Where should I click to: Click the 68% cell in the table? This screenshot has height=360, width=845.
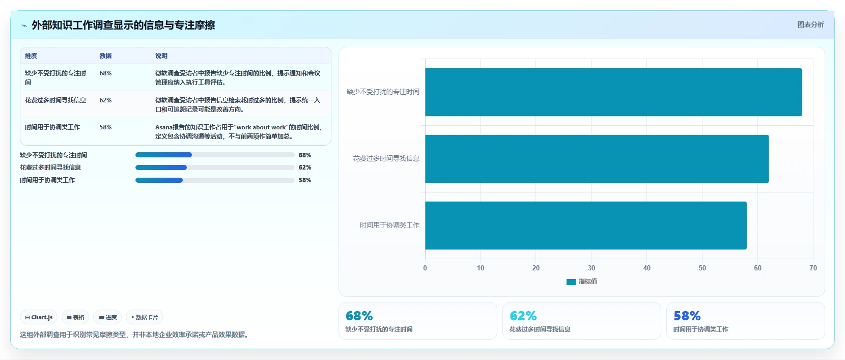(105, 73)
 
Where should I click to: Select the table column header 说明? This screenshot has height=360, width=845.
(161, 56)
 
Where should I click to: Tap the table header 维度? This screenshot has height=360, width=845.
(31, 56)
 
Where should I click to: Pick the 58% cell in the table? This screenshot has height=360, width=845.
(105, 127)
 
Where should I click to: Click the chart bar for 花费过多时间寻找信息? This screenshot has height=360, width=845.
(597, 159)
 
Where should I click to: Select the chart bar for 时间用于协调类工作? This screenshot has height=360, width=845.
(586, 225)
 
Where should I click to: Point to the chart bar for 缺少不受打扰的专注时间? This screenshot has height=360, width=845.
(613, 92)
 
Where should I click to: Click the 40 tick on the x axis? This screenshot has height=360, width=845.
(646, 268)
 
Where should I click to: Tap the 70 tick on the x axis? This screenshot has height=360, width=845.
(813, 268)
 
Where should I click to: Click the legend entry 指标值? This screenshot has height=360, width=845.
(582, 282)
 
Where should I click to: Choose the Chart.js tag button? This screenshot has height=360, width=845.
(39, 317)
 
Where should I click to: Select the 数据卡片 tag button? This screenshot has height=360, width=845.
(145, 317)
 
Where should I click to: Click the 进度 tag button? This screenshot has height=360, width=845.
(107, 317)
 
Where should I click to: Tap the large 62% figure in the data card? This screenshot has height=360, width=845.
(523, 316)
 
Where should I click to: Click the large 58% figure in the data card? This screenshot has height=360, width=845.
(687, 316)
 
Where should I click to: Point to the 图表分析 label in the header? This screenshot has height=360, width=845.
(810, 24)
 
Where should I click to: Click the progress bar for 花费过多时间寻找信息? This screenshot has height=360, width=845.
(215, 168)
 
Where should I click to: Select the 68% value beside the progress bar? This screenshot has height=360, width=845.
(305, 155)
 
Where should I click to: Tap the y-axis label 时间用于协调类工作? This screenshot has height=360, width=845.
(389, 225)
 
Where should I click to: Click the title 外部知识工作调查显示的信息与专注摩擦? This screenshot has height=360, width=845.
(123, 25)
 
